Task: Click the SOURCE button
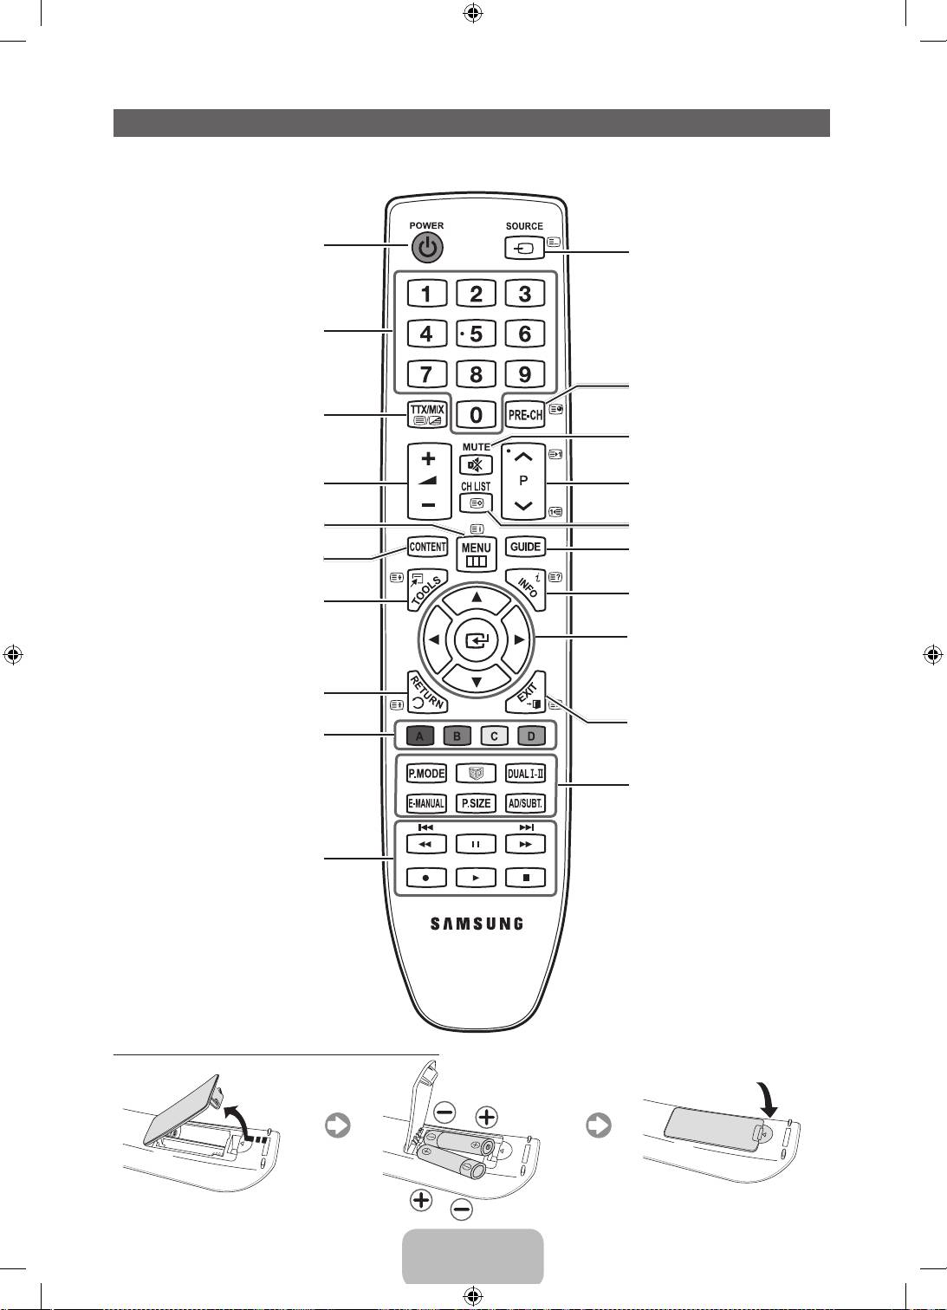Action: [524, 248]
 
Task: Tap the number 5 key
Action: [476, 334]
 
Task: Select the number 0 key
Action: [476, 415]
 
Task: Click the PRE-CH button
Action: [525, 415]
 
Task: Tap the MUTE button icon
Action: [476, 465]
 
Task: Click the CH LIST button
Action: [476, 503]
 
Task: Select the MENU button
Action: [476, 553]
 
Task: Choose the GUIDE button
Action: [525, 547]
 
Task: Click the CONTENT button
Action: [427, 547]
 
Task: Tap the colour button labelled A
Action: [420, 736]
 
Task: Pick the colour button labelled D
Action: [531, 736]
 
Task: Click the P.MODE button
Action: [426, 774]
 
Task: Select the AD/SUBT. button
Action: [525, 803]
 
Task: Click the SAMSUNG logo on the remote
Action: [477, 924]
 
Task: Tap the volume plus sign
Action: [428, 459]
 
